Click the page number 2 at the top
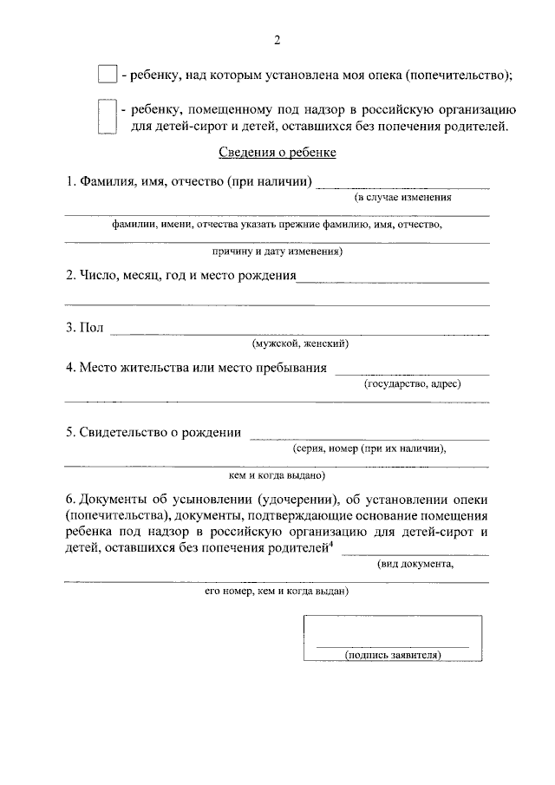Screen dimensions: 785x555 click(277, 39)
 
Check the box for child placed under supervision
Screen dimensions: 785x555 click(107, 117)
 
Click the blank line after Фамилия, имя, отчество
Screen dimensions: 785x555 click(402, 186)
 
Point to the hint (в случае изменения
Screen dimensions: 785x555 click(402, 199)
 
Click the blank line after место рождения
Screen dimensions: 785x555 click(393, 281)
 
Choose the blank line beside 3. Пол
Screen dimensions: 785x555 click(298, 333)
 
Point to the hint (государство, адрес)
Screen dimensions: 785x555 click(412, 383)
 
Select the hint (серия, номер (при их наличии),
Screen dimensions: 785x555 click(369, 448)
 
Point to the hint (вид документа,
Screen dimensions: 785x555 click(415, 564)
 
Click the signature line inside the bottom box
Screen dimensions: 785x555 click(392, 645)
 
